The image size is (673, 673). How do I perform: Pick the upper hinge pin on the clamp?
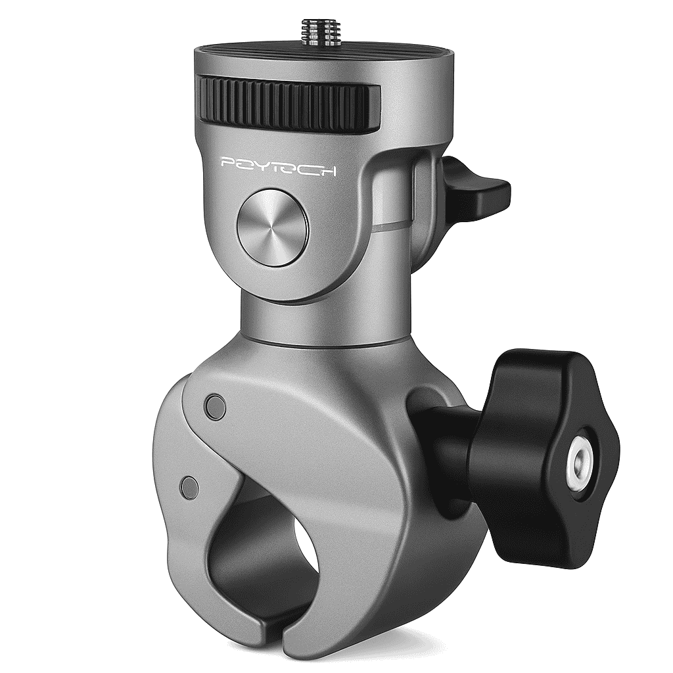pos(216,406)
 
